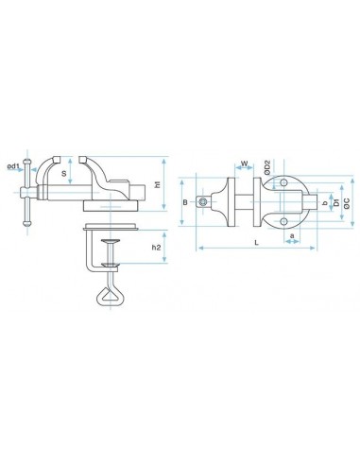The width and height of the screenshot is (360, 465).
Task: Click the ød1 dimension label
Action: (13, 166)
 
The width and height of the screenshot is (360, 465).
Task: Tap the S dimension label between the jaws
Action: (64, 173)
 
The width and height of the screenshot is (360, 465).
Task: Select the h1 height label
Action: (158, 184)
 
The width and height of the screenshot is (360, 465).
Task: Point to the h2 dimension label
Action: (156, 248)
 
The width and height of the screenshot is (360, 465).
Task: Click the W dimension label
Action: (245, 164)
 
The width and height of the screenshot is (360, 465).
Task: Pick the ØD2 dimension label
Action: (267, 167)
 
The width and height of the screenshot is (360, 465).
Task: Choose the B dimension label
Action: (185, 202)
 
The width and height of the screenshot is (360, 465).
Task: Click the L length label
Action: (257, 243)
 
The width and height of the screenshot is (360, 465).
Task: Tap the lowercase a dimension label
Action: (292, 235)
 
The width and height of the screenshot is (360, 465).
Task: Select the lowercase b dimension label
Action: (325, 204)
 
